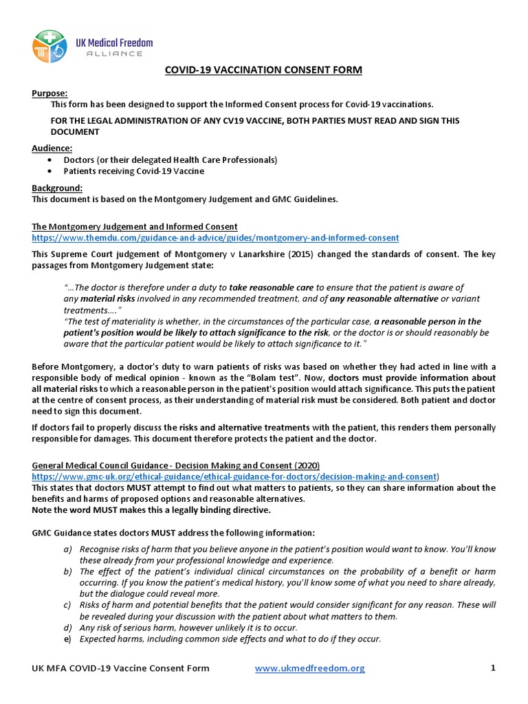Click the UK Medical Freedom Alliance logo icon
tap(49, 46)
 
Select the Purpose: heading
tap(50, 93)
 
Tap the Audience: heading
tap(52, 148)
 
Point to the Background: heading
tap(57, 188)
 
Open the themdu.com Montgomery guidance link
tap(215, 238)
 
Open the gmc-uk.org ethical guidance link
tap(234, 476)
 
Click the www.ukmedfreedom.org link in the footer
tap(309, 668)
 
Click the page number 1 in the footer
tap(493, 668)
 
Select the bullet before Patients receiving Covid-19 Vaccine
tap(50, 172)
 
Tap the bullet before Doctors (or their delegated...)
tap(50, 160)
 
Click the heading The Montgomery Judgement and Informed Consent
tap(135, 226)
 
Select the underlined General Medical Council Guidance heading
tap(175, 465)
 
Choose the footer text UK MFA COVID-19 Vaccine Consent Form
tap(120, 668)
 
